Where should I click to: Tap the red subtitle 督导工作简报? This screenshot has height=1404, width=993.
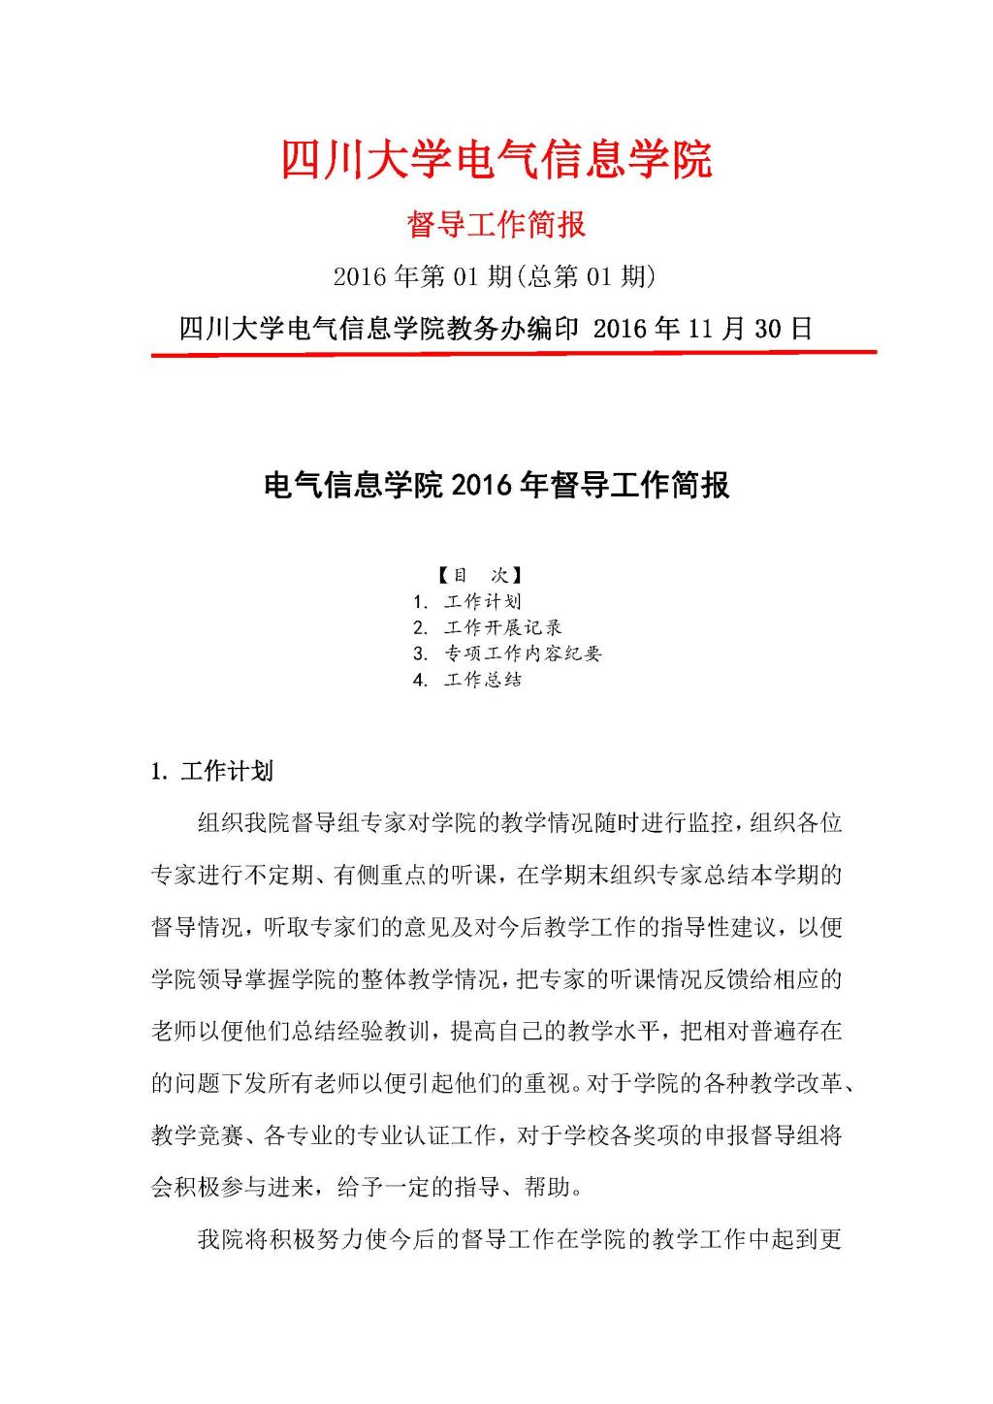pyautogui.click(x=496, y=225)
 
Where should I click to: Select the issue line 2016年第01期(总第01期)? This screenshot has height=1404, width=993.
pyautogui.click(x=495, y=277)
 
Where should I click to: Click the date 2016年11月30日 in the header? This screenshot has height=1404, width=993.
pyautogui.click(x=702, y=329)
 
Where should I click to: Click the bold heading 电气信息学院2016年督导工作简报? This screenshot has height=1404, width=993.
pyautogui.click(x=496, y=485)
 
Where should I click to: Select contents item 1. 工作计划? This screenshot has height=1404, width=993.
pyautogui.click(x=467, y=601)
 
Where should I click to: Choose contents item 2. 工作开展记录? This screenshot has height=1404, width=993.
pyautogui.click(x=487, y=627)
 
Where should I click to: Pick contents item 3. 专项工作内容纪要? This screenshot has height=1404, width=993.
pyautogui.click(x=507, y=654)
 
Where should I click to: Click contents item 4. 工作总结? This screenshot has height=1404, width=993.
pyautogui.click(x=467, y=680)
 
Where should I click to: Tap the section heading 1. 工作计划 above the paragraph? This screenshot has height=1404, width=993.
pyautogui.click(x=212, y=772)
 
